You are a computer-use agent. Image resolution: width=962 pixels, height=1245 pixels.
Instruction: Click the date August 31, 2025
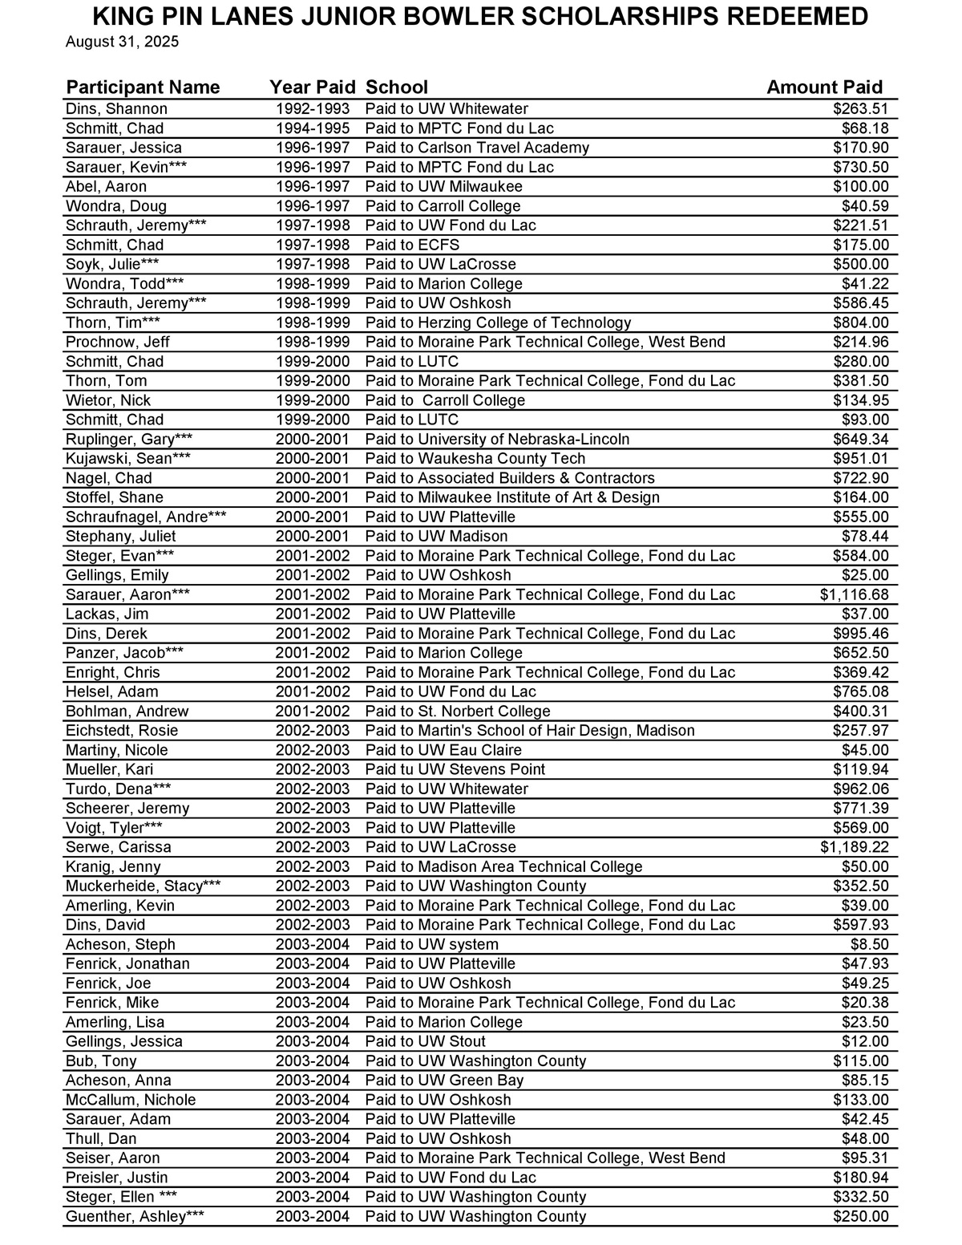[122, 42]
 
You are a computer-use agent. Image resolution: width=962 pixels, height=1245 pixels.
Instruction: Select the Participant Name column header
[143, 87]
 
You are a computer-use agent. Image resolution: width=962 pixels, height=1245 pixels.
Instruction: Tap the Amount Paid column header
[824, 87]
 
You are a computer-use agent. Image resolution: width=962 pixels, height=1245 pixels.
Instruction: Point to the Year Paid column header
[312, 87]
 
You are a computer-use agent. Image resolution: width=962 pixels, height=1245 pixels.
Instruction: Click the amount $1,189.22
[854, 847]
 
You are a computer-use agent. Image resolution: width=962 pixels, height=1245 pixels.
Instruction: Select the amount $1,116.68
[854, 594]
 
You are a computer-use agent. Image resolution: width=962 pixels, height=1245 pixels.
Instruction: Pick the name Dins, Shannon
[116, 109]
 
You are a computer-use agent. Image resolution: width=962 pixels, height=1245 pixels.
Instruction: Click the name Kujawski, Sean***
[128, 459]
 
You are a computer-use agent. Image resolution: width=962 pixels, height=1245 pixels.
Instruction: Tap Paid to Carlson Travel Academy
[477, 148]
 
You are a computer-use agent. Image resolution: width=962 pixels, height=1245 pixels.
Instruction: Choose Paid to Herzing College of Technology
[498, 322]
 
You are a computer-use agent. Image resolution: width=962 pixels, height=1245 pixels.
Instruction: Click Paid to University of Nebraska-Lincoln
[497, 440]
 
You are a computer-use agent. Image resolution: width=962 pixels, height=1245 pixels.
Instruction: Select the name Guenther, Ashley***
[135, 1216]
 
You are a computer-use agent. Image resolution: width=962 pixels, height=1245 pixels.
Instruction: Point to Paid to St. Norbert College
[458, 712]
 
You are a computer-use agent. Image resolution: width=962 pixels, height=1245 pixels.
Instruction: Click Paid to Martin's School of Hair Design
[530, 731]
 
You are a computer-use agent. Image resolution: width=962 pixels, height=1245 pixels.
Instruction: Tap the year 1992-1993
[313, 109]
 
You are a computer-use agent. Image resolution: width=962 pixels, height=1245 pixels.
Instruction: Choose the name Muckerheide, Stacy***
[143, 886]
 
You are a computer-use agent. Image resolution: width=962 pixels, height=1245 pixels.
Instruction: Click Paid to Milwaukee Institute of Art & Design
[512, 497]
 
